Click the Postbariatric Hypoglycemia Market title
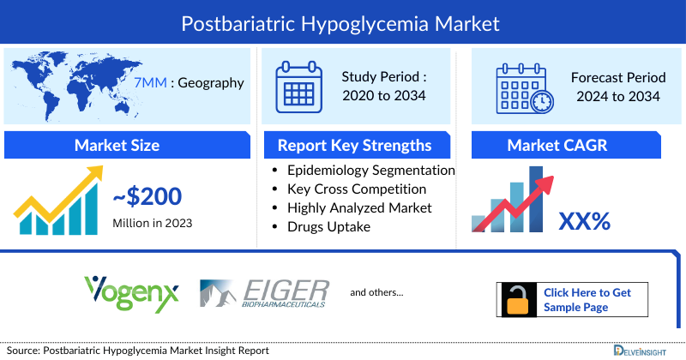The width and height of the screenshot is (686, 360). pos(343,21)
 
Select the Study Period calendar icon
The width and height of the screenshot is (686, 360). pos(298,87)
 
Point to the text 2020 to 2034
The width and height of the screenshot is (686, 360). pos(382,96)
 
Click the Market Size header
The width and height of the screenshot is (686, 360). pos(126,145)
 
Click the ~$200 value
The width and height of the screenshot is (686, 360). pos(147,197)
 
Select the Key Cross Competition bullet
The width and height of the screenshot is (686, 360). pos(357,189)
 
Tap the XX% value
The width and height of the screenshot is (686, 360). pos(584,221)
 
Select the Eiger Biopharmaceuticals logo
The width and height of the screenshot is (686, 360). pos(262,293)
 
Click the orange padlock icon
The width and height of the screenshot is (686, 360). pos(516,300)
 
